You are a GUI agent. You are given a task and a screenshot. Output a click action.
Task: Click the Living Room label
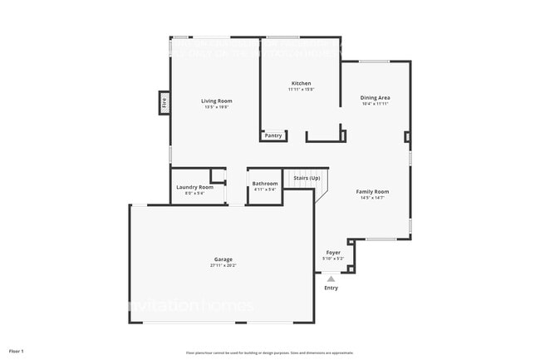pos(216,101)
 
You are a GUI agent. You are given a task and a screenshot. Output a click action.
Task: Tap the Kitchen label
pos(301,83)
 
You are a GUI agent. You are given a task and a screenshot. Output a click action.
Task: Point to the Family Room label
pos(372,191)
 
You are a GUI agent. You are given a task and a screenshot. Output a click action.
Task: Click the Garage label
pos(223,259)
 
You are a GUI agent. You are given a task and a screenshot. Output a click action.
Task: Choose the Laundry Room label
pos(194,187)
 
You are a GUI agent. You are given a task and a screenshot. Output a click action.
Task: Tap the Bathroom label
pos(265,183)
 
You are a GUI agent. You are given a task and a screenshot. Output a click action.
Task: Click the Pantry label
pos(273,135)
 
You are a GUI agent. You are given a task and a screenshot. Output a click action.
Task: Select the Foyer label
pos(332,253)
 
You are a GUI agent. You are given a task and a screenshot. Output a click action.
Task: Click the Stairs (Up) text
pos(307,177)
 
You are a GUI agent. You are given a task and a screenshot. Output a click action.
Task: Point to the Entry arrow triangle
pos(331,279)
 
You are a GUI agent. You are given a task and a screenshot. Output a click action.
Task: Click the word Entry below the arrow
pos(331,288)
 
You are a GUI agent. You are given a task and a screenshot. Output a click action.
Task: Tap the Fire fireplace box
pos(164,103)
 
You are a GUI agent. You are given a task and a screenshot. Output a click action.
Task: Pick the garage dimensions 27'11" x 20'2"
pos(223,265)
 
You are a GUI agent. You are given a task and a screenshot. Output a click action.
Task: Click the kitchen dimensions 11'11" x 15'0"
pos(301,89)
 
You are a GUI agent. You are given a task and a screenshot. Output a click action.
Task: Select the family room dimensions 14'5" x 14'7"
pos(372,197)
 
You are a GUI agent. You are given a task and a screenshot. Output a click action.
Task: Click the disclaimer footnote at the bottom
pos(269,353)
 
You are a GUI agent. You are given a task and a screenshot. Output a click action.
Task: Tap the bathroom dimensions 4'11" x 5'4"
pos(265,189)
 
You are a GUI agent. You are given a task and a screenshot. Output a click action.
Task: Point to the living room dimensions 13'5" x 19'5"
pos(216,106)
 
